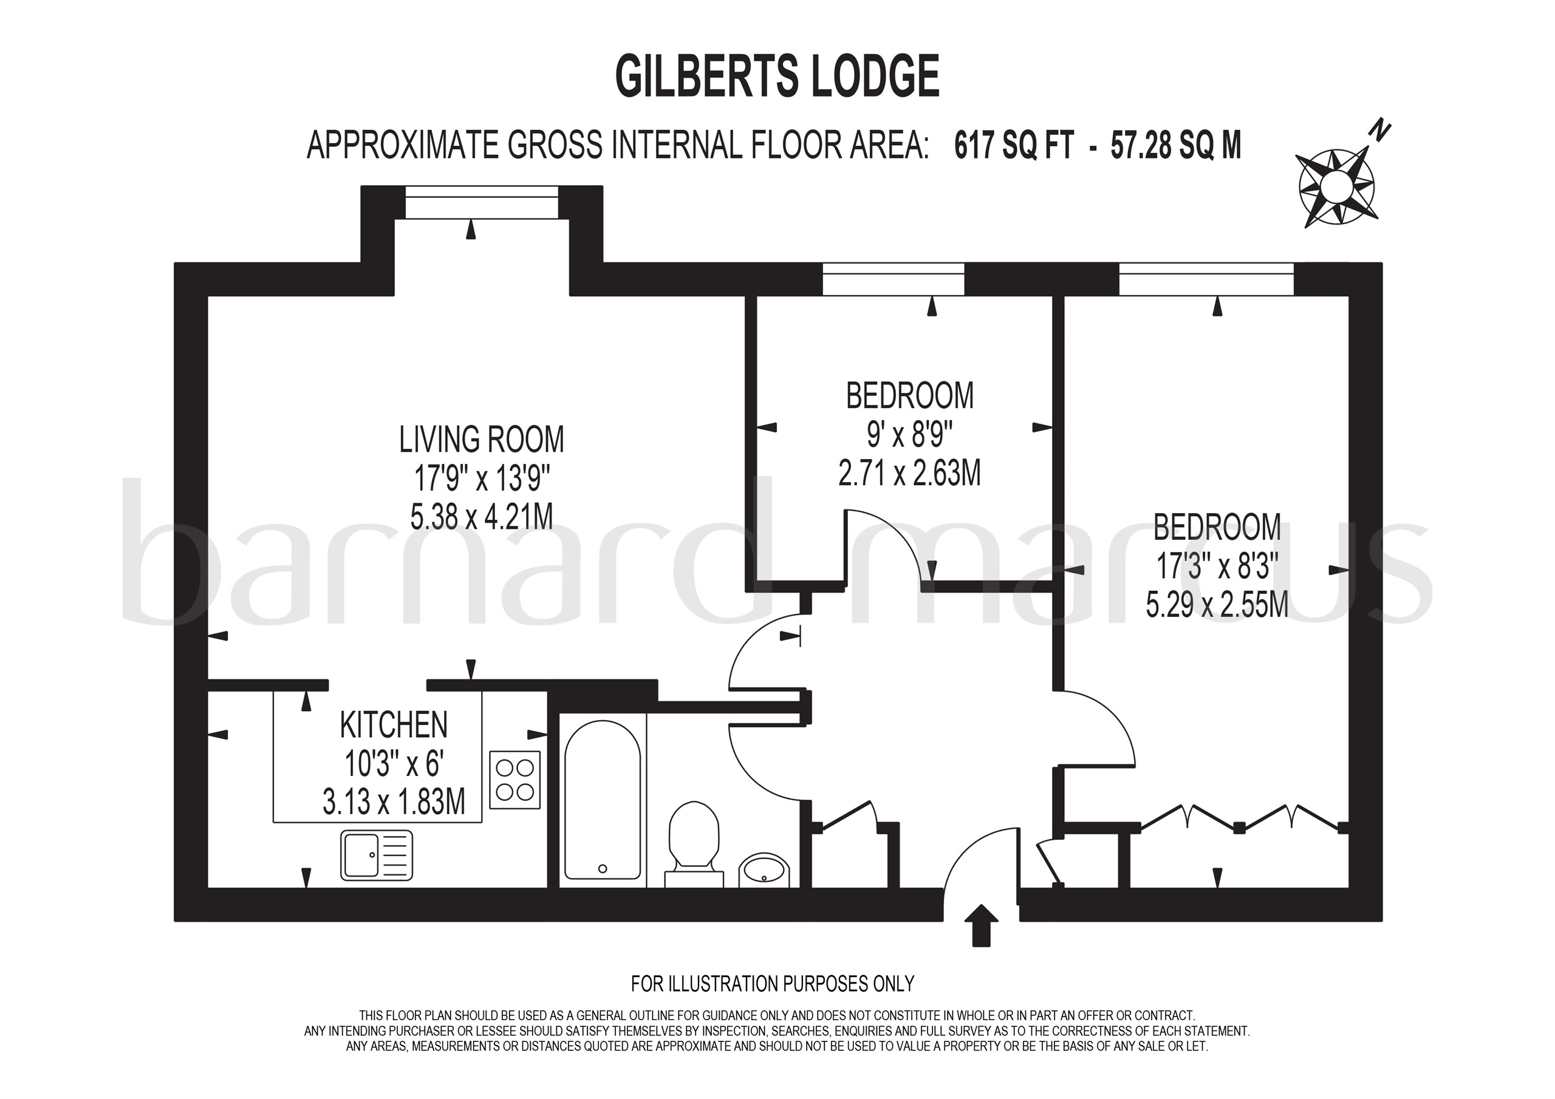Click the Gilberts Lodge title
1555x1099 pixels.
[x=777, y=77]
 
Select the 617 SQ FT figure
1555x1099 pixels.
[x=1014, y=145]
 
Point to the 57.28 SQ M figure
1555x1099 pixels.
[x=1176, y=145]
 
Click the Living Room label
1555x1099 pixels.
[x=481, y=440]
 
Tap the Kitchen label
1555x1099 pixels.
[x=394, y=724]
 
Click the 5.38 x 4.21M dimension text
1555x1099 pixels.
[x=481, y=517]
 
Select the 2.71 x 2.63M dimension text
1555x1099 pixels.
[x=909, y=474]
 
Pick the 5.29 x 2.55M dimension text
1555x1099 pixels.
[x=1217, y=604]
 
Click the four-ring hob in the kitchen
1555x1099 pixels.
[x=514, y=780]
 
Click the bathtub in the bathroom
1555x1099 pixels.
[x=602, y=800]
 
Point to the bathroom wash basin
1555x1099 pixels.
[x=765, y=869]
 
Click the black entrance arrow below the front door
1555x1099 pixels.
[x=980, y=925]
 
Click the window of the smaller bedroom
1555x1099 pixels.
[x=893, y=279]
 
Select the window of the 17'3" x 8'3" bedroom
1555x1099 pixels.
[x=1206, y=279]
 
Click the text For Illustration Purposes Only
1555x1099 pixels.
[x=772, y=982]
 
